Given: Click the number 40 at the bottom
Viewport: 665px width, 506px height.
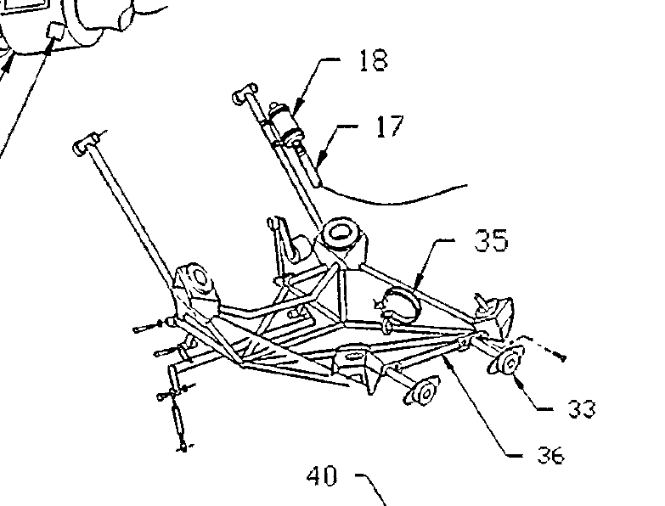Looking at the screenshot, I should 321,476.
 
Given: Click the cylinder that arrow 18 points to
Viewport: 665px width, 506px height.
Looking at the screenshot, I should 287,123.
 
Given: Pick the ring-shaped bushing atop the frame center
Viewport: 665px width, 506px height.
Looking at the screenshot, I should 340,233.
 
